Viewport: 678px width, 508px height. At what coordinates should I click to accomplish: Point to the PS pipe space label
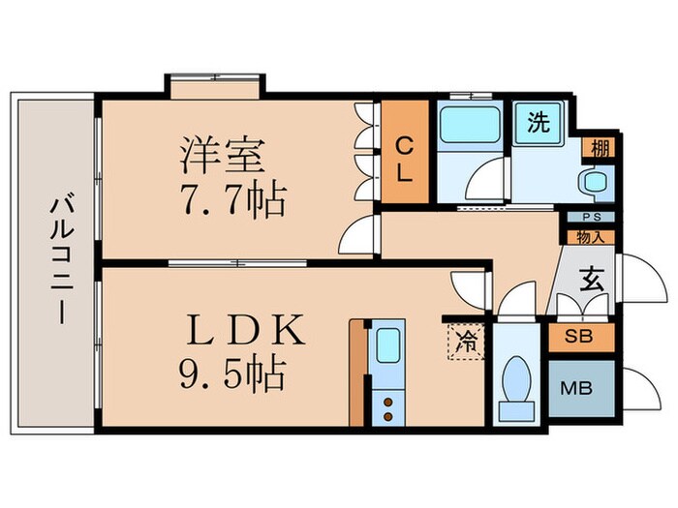coord(589,219)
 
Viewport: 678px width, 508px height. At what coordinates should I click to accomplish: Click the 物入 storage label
coord(589,234)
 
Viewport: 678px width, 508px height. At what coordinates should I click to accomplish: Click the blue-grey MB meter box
coord(580,389)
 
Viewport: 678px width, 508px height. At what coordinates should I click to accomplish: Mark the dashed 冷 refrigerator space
coord(466,342)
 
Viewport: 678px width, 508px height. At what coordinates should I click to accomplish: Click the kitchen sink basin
coord(387,345)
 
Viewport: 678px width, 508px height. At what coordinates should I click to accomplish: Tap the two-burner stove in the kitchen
coord(386,406)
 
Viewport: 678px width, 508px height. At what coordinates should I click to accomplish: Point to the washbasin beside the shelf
coord(591,181)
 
